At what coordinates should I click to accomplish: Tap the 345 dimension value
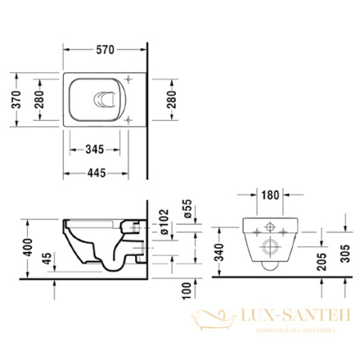click(94, 149)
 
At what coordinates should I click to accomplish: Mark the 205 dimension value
click(319, 264)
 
